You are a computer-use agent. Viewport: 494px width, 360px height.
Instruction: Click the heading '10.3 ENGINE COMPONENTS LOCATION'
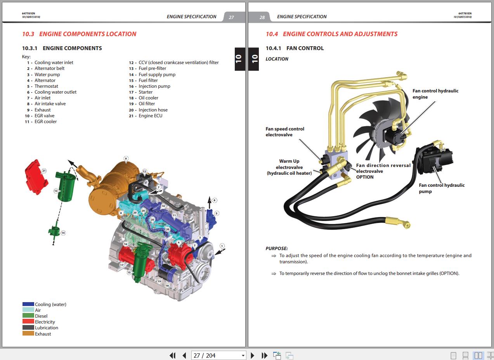point(79,34)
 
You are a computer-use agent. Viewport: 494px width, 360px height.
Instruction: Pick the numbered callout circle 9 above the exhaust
point(126,158)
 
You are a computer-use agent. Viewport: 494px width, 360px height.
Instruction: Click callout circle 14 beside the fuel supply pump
point(63,233)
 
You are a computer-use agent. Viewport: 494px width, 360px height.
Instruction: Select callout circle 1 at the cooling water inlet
point(222,246)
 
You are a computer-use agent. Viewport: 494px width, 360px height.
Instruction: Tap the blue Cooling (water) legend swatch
point(28,304)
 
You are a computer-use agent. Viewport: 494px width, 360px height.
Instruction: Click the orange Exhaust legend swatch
point(28,334)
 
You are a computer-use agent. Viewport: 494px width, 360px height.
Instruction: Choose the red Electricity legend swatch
point(28,322)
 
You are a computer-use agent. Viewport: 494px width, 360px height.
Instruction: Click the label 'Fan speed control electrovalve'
point(285,132)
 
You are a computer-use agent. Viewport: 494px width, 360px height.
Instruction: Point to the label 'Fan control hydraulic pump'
point(441,188)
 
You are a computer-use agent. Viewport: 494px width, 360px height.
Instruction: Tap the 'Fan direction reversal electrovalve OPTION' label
point(383,171)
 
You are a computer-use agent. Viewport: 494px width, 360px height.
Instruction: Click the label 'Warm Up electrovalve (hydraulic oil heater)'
point(289,167)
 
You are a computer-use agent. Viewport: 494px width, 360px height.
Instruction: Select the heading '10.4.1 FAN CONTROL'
point(295,48)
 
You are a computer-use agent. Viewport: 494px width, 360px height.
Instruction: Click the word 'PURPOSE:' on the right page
point(277,249)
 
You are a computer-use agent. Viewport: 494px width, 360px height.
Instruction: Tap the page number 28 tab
point(262,17)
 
